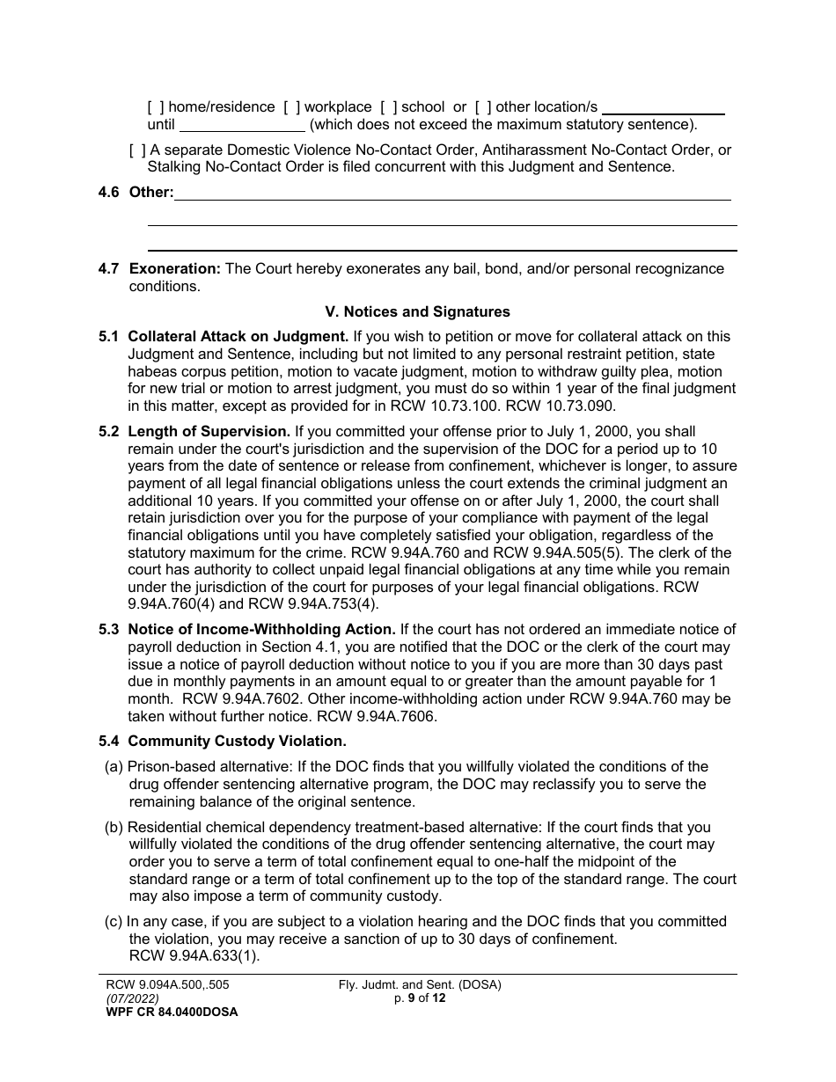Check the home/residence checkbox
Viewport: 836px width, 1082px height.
coord(156,107)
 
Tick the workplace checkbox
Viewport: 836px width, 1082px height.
coord(292,107)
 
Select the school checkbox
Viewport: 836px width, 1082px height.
coord(389,107)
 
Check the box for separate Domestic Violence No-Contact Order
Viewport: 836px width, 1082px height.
coord(137,150)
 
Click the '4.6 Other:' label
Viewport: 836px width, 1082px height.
coord(136,193)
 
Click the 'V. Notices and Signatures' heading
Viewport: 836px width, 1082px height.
coord(417,311)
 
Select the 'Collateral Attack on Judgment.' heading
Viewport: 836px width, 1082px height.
coord(238,336)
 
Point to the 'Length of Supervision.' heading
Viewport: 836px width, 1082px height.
coord(209,432)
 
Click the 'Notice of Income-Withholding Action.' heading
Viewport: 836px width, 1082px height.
coord(261,630)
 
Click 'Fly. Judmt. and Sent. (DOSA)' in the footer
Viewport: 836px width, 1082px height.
coord(420,985)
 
